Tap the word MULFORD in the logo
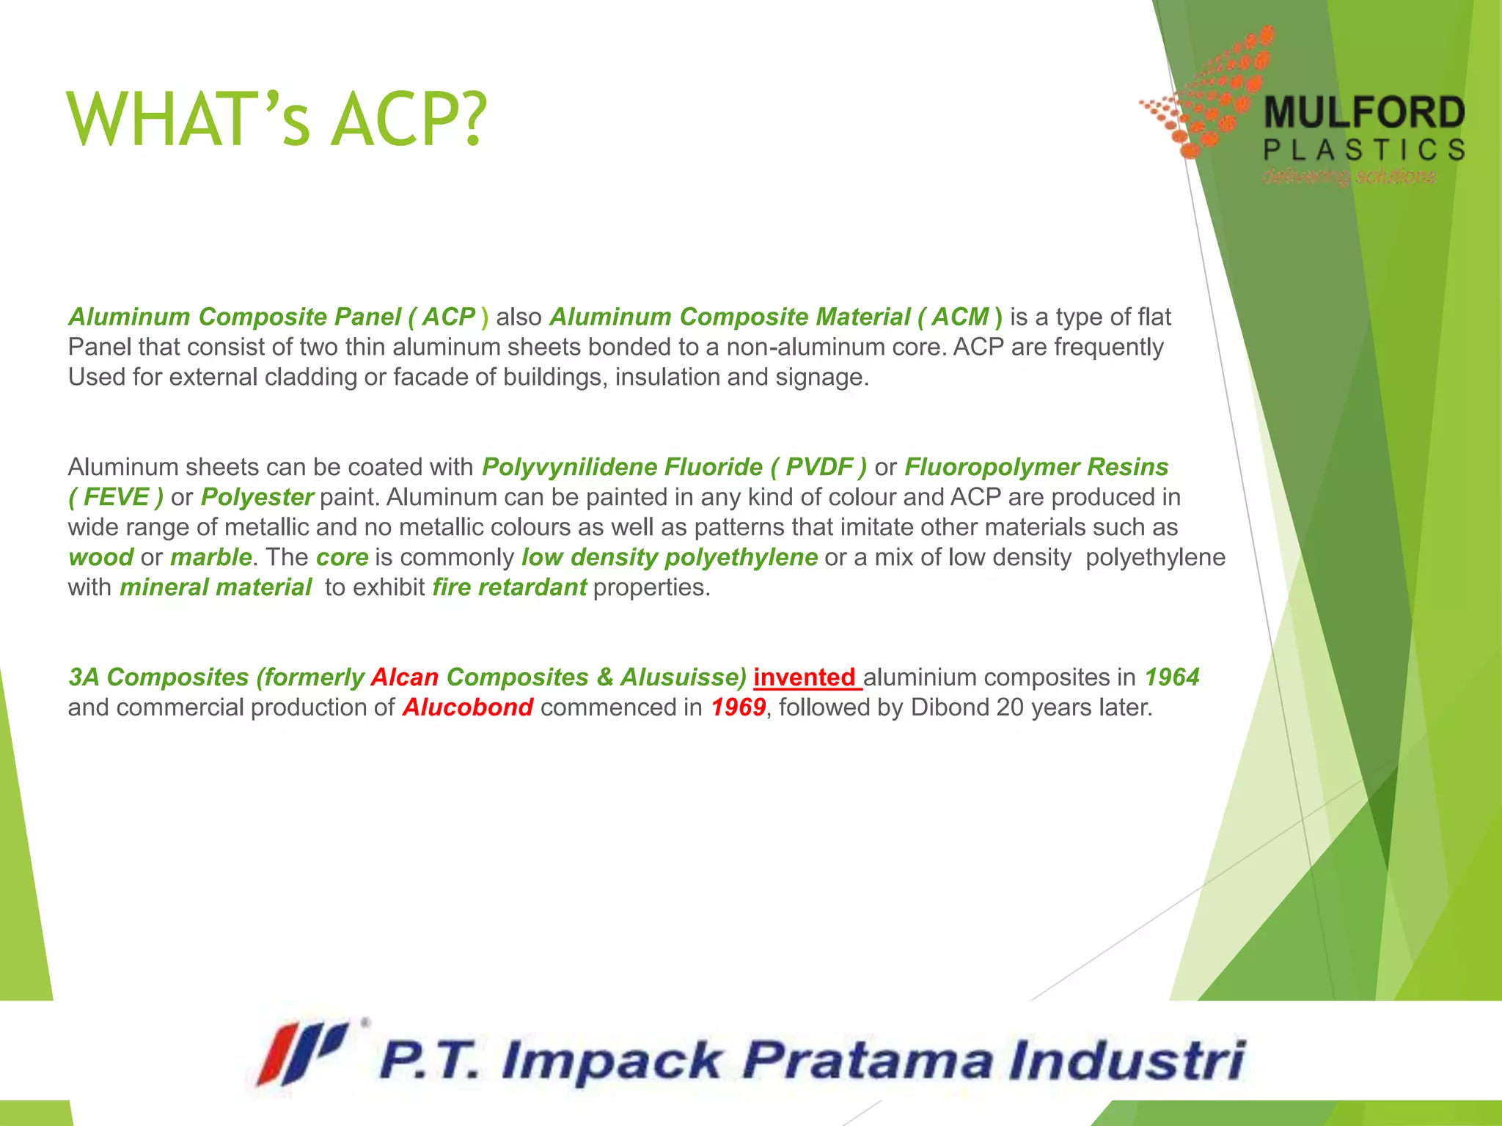[1364, 114]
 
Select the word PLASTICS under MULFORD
[1364, 150]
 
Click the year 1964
[1171, 677]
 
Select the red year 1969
[738, 707]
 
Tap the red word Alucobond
[468, 707]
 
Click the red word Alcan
[405, 677]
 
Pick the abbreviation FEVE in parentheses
[116, 497]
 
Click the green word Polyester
[257, 497]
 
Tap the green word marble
[211, 557]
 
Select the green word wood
[100, 557]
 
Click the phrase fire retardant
[509, 587]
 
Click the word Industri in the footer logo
[1126, 1060]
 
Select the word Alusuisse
[683, 677]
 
